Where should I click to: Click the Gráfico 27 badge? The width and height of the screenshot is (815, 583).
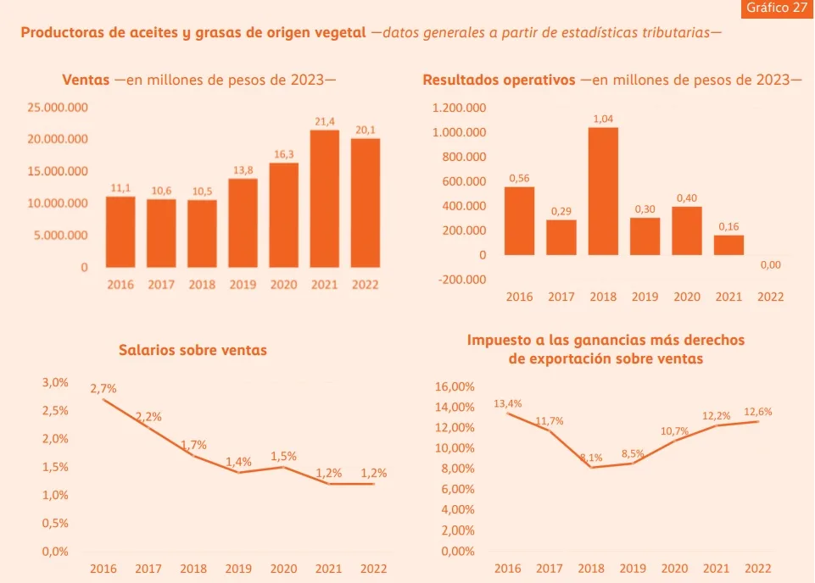point(776,8)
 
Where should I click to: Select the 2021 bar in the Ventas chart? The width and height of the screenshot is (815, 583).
point(325,199)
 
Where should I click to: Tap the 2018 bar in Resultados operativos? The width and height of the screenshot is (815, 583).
point(603,191)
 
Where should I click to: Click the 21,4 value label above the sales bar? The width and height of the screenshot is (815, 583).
point(325,122)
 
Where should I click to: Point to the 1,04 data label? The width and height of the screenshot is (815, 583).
point(603,119)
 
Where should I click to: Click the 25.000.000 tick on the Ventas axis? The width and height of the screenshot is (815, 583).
point(57,108)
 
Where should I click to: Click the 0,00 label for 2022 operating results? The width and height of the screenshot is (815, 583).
point(770,265)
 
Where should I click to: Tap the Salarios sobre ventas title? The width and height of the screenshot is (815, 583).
point(193,349)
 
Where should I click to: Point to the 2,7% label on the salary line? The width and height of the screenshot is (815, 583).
point(103,388)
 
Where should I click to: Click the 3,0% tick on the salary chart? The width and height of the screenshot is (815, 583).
point(55,382)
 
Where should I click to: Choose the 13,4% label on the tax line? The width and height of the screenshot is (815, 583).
point(508,403)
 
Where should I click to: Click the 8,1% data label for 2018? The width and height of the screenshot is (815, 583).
point(591,458)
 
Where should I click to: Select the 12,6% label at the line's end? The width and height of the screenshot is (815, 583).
point(757,412)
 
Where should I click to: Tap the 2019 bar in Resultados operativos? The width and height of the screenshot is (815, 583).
point(645,236)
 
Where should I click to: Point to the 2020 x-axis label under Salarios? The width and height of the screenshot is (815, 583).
point(283,569)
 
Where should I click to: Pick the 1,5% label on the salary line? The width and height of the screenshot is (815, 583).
point(284,457)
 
